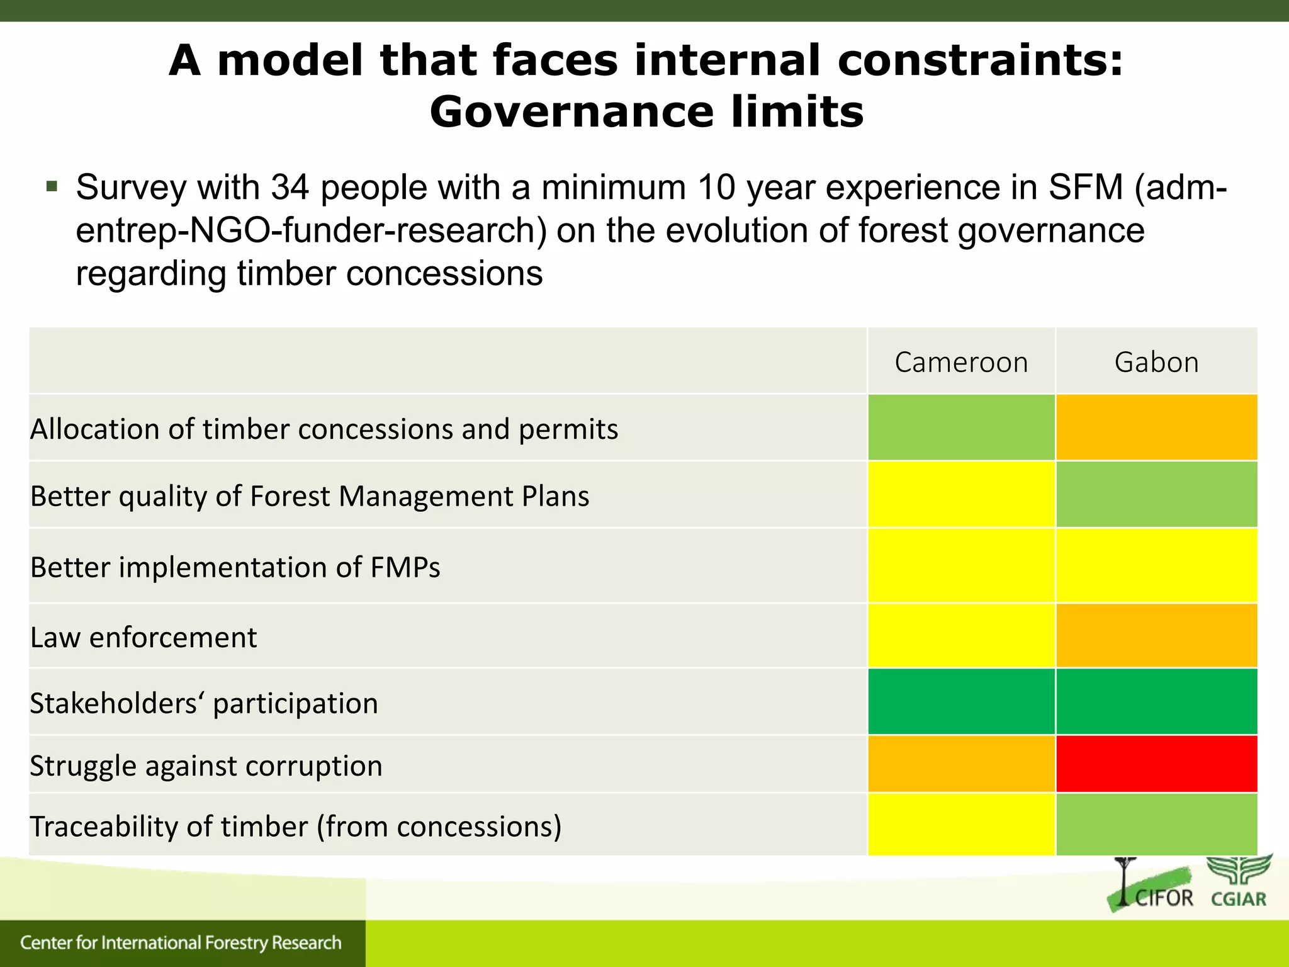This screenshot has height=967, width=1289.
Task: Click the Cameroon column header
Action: [961, 362]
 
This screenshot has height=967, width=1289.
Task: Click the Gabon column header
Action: [1156, 362]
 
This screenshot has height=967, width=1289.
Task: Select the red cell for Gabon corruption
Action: [1156, 764]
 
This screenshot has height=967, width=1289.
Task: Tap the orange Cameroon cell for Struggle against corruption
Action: [961, 764]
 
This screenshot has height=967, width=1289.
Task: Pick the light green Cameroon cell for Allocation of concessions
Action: [961, 427]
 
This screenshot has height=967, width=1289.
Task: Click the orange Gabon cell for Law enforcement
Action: [1156, 636]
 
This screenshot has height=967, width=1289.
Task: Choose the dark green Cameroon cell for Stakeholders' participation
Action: [961, 701]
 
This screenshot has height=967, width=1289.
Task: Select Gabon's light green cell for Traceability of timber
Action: [1156, 825]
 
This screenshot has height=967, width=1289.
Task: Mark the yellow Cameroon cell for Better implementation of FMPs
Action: [961, 565]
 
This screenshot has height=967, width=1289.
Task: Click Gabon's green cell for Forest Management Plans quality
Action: [1156, 495]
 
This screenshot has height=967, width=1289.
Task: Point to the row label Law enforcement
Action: [144, 637]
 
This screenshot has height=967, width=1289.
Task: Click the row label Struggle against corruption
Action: [206, 766]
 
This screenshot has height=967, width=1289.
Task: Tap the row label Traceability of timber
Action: [295, 827]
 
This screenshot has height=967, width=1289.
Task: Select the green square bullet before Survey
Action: [52, 186]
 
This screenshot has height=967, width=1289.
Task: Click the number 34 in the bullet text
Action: [290, 187]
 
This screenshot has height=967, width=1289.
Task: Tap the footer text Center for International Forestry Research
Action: [181, 942]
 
